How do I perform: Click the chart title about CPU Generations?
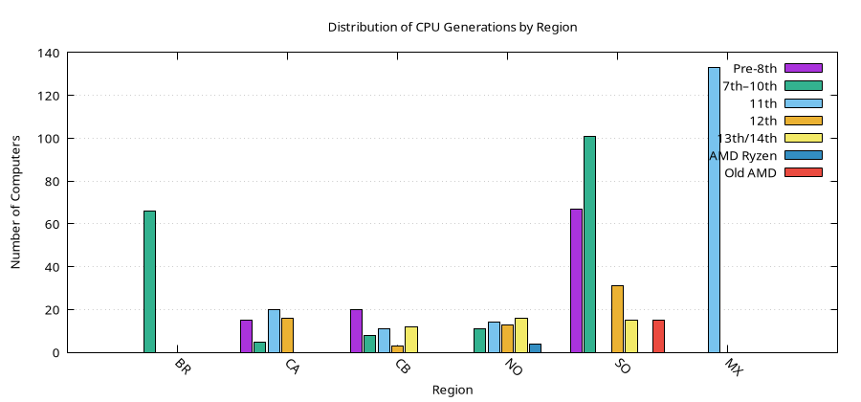coord(453,27)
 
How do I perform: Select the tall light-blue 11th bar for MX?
coord(714,210)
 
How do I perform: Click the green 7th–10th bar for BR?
coord(149,281)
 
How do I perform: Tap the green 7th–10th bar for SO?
coord(589,244)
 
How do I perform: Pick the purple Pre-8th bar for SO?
coord(576,280)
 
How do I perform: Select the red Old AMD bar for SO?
coord(658,336)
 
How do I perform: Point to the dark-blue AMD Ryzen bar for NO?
coord(535,347)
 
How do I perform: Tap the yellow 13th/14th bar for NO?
coord(521,335)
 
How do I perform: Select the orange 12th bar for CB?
coord(397,348)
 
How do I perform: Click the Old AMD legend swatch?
coord(803,172)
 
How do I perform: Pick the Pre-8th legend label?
coord(755,68)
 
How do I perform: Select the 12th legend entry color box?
coord(803,120)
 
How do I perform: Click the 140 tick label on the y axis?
coord(48,54)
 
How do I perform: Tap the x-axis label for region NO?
coord(514,368)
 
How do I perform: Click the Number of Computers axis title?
coord(16,203)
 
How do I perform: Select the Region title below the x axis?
coord(452,390)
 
